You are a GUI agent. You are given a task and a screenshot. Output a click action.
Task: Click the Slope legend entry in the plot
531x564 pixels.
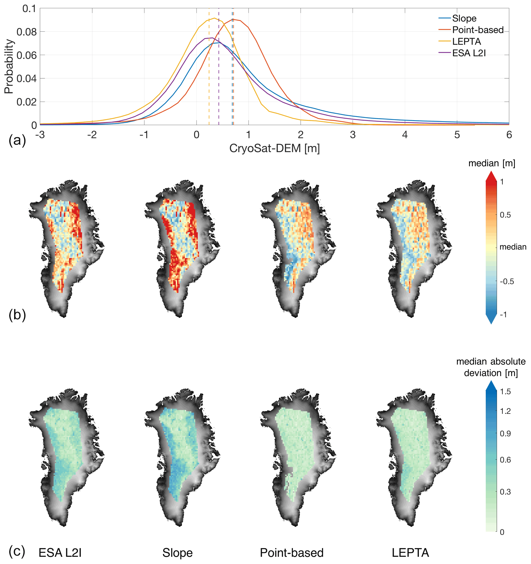pos(464,18)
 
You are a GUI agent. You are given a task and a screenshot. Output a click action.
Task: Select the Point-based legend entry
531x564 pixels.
pos(478,30)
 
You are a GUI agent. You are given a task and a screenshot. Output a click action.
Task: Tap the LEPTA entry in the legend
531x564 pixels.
pos(466,42)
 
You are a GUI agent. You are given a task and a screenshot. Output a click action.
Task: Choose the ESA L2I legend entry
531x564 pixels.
pos(469,53)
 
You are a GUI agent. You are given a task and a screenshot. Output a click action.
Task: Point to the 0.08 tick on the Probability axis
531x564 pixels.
pos(27,32)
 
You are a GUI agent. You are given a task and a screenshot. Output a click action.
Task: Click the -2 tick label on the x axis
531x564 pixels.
pos(92,135)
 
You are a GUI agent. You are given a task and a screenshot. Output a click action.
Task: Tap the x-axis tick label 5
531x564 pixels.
pos(457,135)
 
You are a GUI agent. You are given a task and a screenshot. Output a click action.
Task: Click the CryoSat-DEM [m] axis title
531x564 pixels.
pos(274,148)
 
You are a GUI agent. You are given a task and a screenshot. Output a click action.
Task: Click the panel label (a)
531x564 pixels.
pos(17,140)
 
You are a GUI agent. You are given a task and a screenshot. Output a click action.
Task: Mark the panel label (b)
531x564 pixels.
pos(17,315)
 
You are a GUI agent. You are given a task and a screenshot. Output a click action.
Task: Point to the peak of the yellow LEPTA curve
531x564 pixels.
pos(214,18)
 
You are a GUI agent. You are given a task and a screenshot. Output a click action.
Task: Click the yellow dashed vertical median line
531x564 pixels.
pos(209,72)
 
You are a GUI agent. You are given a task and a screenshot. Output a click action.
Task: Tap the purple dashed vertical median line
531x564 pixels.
pos(219,72)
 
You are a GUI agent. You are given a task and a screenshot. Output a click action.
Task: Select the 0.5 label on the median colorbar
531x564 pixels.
pos(505,215)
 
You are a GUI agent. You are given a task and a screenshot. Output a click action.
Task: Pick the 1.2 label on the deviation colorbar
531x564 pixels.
pos(505,411)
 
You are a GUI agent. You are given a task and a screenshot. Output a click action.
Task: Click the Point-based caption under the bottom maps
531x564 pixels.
pos(292,553)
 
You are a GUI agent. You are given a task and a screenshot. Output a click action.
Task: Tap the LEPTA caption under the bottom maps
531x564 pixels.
pos(410,553)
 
